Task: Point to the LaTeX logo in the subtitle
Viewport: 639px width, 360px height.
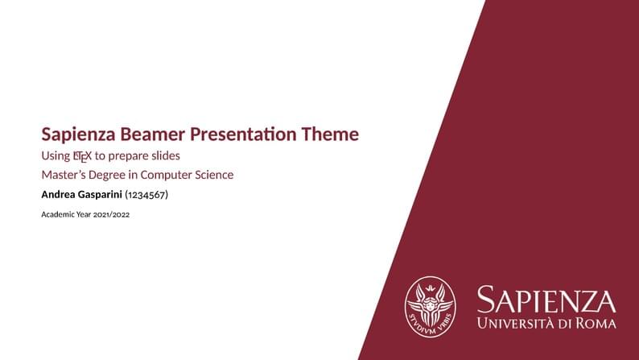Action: [82, 155]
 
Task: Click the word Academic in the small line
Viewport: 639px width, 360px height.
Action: [58, 215]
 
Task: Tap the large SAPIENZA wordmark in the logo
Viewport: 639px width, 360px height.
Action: [546, 300]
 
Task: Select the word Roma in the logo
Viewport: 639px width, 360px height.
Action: [597, 324]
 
